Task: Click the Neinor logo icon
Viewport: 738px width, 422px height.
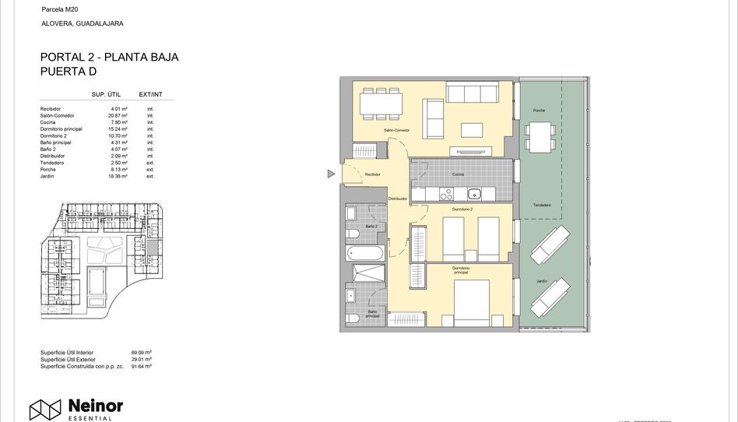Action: pos(45,409)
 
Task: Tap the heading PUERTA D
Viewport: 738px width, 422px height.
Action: pos(69,72)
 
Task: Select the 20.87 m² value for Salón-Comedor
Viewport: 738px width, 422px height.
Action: pos(118,115)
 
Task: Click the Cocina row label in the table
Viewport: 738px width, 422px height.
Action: pos(47,122)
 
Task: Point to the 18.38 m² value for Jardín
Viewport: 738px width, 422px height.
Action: pos(118,177)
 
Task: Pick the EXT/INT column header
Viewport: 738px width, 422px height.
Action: pos(150,94)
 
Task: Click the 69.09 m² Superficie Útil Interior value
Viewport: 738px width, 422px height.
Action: pos(142,353)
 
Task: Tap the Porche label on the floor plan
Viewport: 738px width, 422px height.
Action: pos(539,111)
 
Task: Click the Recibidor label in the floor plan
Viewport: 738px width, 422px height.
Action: pos(373,174)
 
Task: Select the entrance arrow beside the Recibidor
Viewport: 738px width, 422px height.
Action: pos(332,174)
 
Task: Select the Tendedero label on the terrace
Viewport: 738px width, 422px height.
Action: pos(542,205)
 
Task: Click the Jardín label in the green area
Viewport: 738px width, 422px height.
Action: pos(541,281)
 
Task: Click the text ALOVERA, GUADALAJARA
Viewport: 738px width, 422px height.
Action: pos(82,23)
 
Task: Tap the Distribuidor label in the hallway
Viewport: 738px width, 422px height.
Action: pos(398,199)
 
